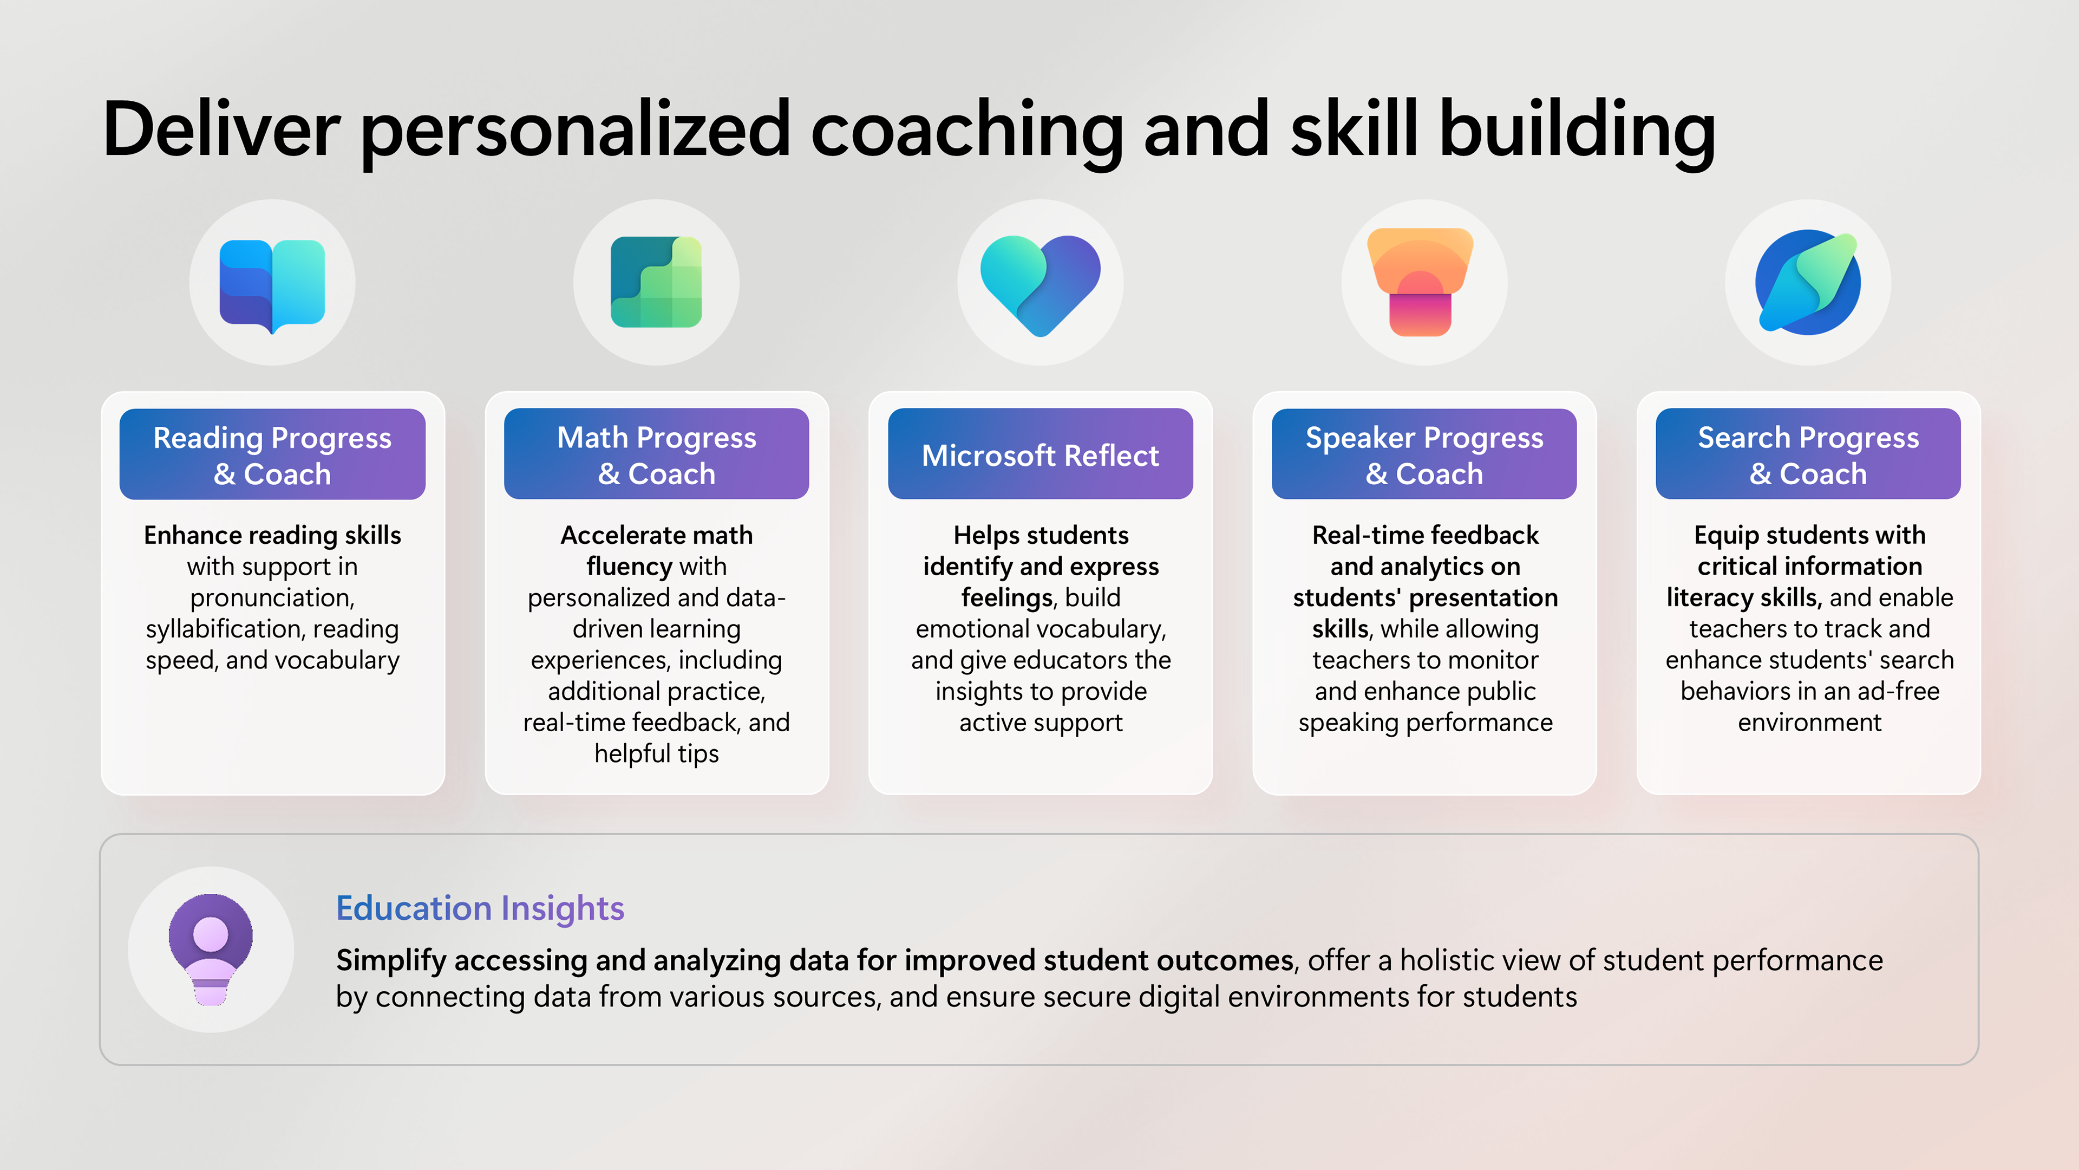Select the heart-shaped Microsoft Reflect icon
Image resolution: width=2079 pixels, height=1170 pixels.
click(x=1040, y=285)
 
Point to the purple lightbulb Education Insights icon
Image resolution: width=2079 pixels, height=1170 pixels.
click(x=211, y=950)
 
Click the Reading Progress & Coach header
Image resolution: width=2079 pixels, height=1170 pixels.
click(x=272, y=454)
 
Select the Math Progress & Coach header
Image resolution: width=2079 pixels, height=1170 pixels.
click(x=656, y=454)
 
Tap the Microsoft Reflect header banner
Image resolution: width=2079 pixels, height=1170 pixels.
click(x=1040, y=454)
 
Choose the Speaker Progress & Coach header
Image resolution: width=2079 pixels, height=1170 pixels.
click(x=1424, y=454)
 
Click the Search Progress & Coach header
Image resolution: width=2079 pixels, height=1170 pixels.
click(x=1808, y=454)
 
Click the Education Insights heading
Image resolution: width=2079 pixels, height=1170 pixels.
click(x=480, y=908)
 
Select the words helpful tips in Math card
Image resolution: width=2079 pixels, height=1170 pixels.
click(x=656, y=754)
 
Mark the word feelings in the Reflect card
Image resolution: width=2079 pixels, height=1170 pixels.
click(x=1007, y=597)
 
